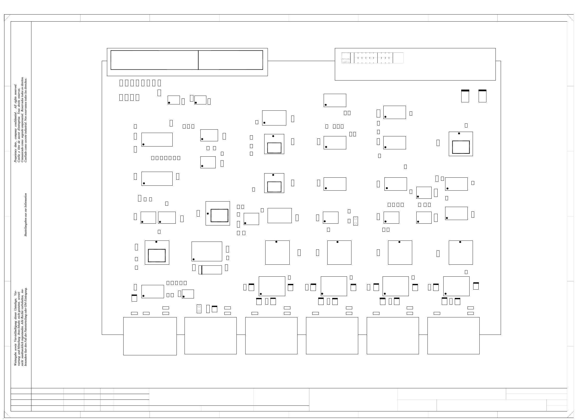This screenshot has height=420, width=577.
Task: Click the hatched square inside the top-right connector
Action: [x=346, y=58]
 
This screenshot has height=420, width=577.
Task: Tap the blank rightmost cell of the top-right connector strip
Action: [x=398, y=58]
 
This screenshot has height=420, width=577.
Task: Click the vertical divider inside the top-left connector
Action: [x=198, y=60]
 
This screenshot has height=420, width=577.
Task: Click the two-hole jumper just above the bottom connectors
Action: [x=199, y=309]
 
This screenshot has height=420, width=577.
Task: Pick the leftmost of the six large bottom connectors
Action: [x=150, y=336]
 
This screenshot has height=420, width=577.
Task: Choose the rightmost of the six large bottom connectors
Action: [x=453, y=335]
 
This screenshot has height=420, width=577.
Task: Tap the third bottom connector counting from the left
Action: [x=271, y=335]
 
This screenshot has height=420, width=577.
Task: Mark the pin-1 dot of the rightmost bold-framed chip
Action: [x=459, y=134]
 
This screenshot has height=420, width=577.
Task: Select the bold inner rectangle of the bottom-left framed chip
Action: [x=157, y=256]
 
